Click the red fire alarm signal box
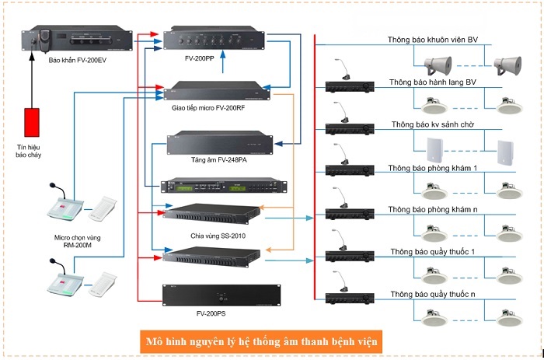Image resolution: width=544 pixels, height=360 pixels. (x=33, y=123)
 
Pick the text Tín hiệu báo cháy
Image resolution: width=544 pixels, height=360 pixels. (x=33, y=149)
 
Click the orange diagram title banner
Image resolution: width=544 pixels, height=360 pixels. (x=267, y=341)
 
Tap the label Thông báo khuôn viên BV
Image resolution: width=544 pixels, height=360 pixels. (x=433, y=40)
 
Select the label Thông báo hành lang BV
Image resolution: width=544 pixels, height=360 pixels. (x=432, y=82)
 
